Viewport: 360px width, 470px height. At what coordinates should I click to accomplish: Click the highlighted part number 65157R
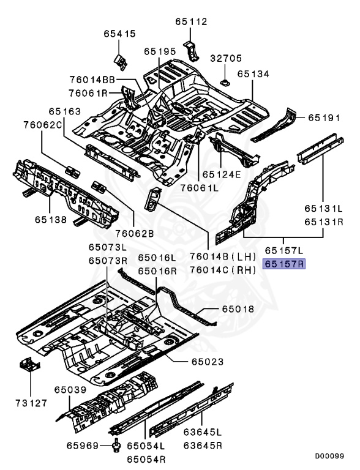pyautogui.click(x=284, y=264)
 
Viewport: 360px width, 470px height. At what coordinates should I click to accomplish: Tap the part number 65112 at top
pyautogui.click(x=192, y=21)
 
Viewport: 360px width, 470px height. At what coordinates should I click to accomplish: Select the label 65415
pyautogui.click(x=120, y=34)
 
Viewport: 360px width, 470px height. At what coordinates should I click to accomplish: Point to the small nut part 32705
pyautogui.click(x=225, y=82)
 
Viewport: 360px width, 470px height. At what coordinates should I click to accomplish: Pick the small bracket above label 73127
pyautogui.click(x=29, y=364)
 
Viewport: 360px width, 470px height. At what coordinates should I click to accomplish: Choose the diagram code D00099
pyautogui.click(x=329, y=456)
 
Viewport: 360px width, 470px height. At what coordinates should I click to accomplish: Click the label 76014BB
pyautogui.click(x=92, y=80)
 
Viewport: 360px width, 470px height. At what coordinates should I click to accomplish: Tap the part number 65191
pyautogui.click(x=324, y=117)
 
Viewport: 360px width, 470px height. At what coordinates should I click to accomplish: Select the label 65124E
pyautogui.click(x=222, y=174)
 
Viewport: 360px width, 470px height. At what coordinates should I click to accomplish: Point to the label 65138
pyautogui.click(x=51, y=220)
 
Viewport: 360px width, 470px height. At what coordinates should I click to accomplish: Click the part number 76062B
pyautogui.click(x=135, y=233)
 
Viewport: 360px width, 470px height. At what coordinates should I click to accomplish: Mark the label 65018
pyautogui.click(x=238, y=308)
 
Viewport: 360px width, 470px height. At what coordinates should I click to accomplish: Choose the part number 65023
pyautogui.click(x=208, y=362)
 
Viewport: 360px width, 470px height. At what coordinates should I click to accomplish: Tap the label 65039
pyautogui.click(x=70, y=390)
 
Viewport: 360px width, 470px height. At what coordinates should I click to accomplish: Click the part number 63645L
pyautogui.click(x=203, y=432)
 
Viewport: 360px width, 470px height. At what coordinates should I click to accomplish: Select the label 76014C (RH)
pyautogui.click(x=223, y=270)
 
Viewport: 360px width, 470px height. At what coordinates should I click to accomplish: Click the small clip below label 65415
pyautogui.click(x=120, y=62)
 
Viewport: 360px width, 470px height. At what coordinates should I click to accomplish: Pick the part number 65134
pyautogui.click(x=253, y=73)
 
